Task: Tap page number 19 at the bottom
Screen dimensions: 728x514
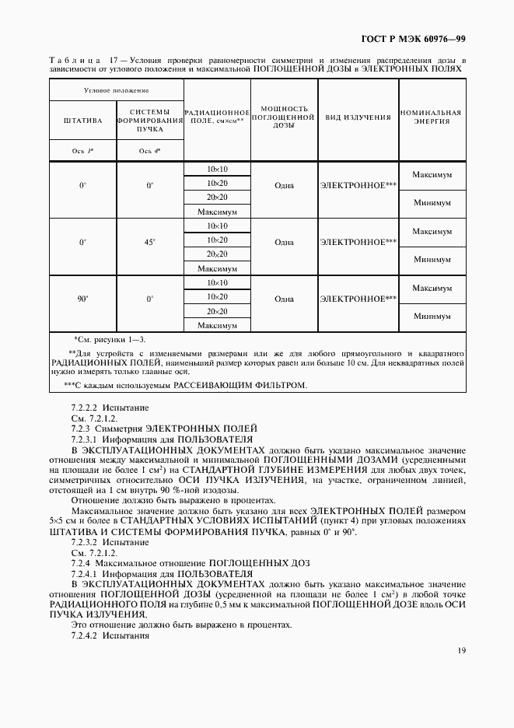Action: pos(461,651)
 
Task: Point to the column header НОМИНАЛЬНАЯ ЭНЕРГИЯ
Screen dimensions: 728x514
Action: pos(432,117)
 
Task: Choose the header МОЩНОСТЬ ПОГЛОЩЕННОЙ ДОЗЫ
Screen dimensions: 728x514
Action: pos(284,117)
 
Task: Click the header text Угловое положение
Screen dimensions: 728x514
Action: pos(116,90)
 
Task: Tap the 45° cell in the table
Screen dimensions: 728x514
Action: pos(149,242)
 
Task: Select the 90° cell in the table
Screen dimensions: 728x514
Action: pos(82,298)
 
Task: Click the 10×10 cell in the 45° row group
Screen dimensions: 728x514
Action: pos(217,226)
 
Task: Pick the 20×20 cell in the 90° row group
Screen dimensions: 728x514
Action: pos(217,311)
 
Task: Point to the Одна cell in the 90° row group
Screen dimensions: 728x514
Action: pos(284,298)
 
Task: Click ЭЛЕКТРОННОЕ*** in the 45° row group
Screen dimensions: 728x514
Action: pos(358,242)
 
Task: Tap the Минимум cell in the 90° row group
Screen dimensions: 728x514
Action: pos(432,317)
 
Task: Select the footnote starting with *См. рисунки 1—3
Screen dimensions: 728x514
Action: pos(109,340)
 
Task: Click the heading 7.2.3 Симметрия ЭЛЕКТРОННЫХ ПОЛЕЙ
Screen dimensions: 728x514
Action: pos(163,429)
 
